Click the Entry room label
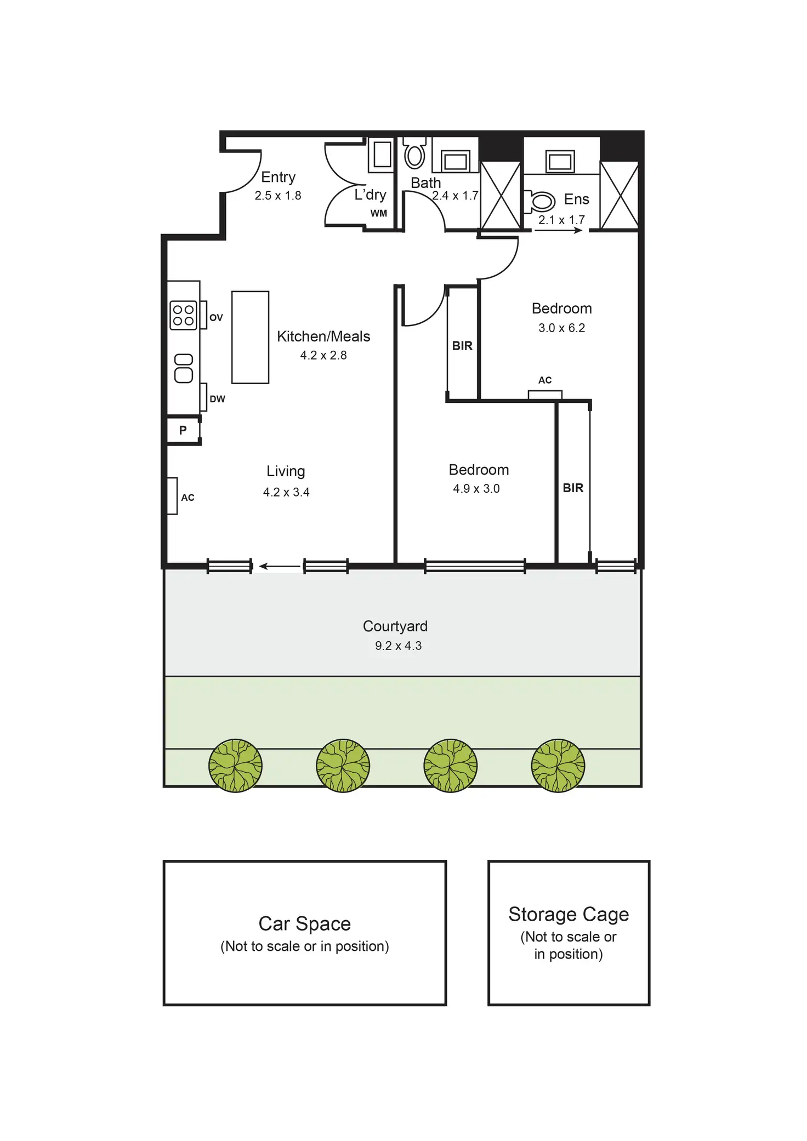pos(278,177)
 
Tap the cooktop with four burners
pos(183,315)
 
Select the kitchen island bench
pos(250,337)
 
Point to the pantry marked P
pos(183,430)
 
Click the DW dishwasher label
pos(217,399)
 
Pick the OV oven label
pos(216,317)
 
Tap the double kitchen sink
pos(184,368)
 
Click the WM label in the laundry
pos(378,213)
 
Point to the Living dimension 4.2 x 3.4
pos(286,492)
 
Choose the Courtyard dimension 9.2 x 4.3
pos(398,646)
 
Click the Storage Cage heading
pos(569,914)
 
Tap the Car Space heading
pos(304,923)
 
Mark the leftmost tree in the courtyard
pos(235,765)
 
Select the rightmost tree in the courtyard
pos(558,765)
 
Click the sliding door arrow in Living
pos(279,566)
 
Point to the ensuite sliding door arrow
pos(558,231)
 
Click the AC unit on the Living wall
pos(172,496)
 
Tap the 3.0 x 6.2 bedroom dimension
pos(561,328)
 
